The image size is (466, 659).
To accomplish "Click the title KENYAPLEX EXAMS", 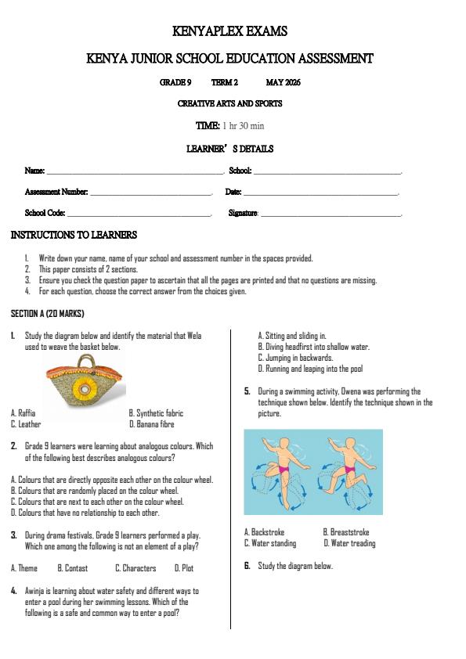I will pyautogui.click(x=229, y=31).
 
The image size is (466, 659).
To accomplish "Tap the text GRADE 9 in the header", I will pyautogui.click(x=175, y=82).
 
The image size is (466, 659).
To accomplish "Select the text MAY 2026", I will pyautogui.click(x=283, y=82).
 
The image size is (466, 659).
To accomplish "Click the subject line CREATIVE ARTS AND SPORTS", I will pyautogui.click(x=229, y=103).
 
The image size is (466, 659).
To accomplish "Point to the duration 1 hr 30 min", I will pyautogui.click(x=243, y=125).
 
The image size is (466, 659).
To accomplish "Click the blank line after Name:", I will pyautogui.click(x=134, y=171).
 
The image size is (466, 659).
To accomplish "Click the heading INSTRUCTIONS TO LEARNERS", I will pyautogui.click(x=74, y=235).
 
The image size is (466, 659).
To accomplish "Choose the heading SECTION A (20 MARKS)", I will pyautogui.click(x=48, y=313).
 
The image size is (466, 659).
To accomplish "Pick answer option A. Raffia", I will pyautogui.click(x=23, y=412).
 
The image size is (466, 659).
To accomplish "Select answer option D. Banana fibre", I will pyautogui.click(x=152, y=424).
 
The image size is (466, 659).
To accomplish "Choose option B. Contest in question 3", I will pyautogui.click(x=73, y=568).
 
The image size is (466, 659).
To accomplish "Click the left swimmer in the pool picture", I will pyautogui.click(x=280, y=468).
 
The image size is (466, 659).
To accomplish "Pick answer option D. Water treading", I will pyautogui.click(x=349, y=543).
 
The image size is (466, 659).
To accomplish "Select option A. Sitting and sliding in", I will pyautogui.click(x=292, y=336).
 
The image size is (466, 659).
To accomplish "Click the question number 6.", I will pyautogui.click(x=247, y=566).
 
